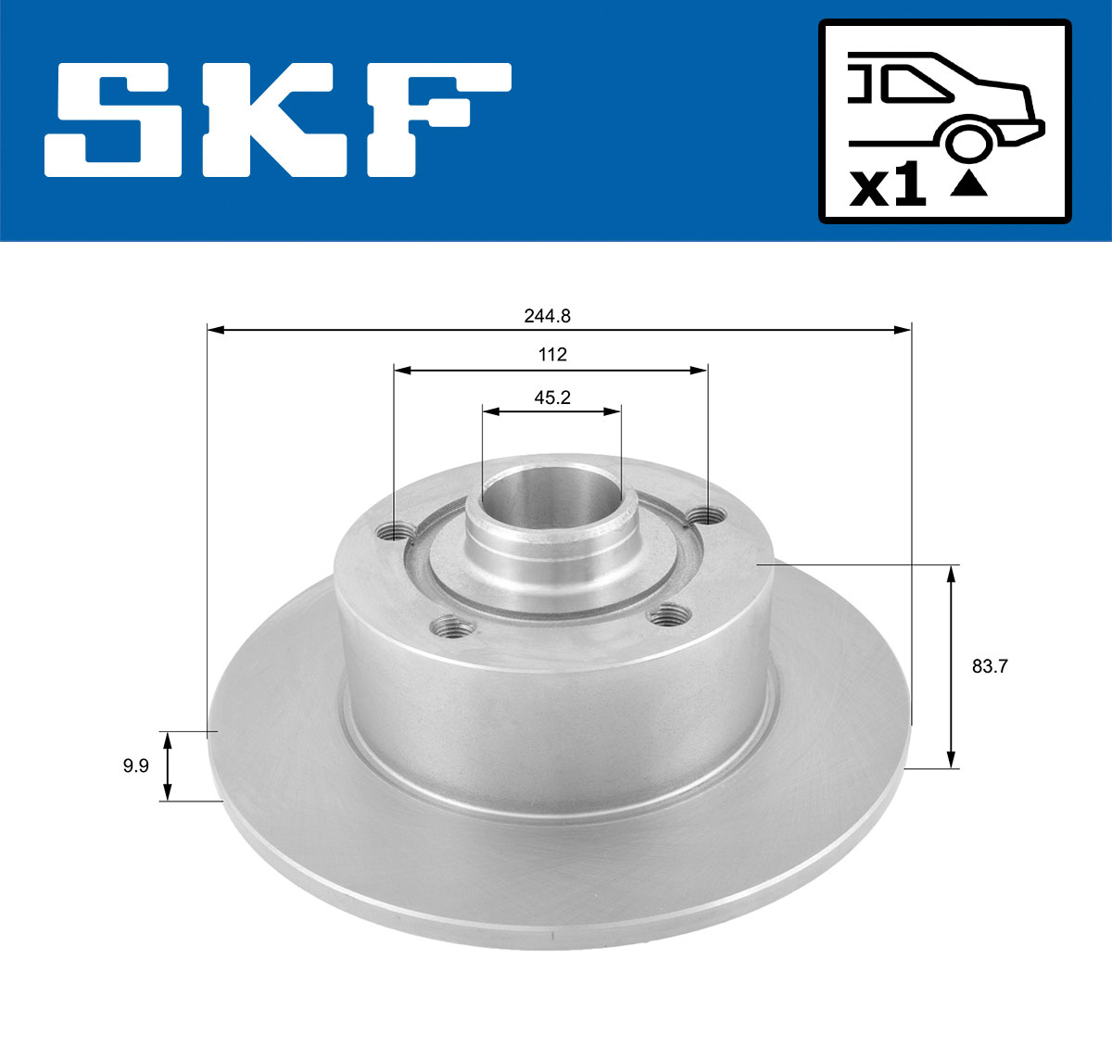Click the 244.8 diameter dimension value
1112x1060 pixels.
547,316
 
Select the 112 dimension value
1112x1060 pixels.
551,355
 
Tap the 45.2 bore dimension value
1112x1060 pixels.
551,397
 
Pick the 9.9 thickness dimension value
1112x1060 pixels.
135,765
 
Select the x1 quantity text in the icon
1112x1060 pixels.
888,188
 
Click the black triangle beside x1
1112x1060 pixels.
969,183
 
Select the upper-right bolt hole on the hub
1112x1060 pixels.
709,515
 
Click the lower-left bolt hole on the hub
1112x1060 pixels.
453,629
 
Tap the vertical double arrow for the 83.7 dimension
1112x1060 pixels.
950,666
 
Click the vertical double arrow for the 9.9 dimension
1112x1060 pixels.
168,765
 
